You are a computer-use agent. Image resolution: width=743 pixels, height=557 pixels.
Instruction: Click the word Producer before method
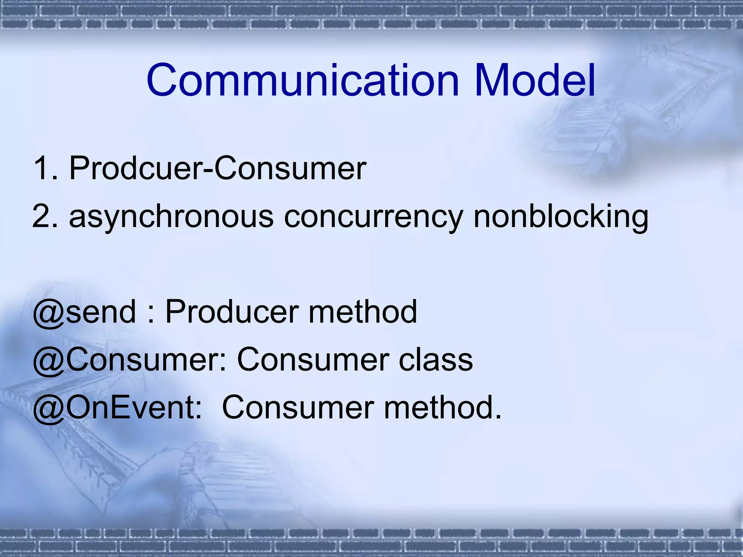tap(232, 312)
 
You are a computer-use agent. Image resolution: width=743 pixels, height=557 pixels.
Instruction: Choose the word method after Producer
tap(363, 312)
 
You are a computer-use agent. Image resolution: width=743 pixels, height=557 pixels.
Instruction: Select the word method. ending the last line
tap(443, 408)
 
